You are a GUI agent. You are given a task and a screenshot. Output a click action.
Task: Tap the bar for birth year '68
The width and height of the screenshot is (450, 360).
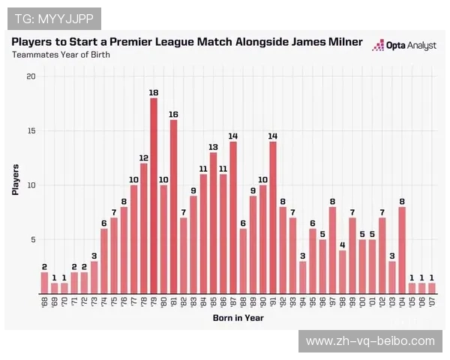[44, 283]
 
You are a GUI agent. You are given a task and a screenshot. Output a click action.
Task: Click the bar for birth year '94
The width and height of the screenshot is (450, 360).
[302, 277]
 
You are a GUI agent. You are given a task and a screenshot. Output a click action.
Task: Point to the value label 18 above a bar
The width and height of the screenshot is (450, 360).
[154, 92]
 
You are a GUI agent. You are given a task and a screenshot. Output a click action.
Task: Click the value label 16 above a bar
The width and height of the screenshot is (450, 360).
[173, 114]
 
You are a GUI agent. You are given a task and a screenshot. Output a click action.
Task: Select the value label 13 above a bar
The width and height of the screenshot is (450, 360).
[213, 147]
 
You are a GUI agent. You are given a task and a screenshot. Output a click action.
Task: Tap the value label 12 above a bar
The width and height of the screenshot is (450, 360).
[143, 157]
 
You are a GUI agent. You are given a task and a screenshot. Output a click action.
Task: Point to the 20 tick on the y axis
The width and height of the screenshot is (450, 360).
[30, 76]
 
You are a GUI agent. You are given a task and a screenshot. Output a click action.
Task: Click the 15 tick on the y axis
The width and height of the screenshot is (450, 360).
[30, 131]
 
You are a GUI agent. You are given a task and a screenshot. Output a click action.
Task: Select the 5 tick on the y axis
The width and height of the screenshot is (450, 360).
[31, 240]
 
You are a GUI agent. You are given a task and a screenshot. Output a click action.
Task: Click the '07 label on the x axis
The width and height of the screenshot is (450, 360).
[432, 302]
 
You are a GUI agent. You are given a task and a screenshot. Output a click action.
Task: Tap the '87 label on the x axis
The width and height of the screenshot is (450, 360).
[233, 302]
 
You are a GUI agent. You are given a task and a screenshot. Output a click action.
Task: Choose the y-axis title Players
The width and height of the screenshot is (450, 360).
[15, 180]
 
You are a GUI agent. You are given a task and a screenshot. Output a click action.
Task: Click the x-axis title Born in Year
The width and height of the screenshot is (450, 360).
[238, 318]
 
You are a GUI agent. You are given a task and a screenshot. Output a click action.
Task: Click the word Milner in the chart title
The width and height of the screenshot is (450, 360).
[340, 42]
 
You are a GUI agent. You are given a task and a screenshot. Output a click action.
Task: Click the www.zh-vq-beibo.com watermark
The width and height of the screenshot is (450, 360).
[370, 341]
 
